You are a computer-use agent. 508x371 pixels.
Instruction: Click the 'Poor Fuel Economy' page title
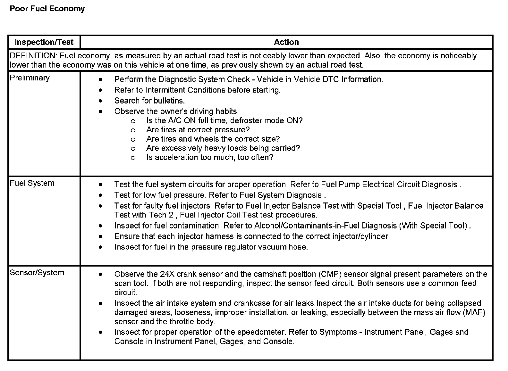point(47,9)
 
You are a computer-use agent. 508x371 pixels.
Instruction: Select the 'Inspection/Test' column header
point(44,42)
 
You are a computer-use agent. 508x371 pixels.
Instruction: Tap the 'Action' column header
point(286,42)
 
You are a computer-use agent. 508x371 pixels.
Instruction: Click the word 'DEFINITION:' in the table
point(33,56)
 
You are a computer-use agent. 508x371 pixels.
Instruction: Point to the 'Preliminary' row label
point(30,78)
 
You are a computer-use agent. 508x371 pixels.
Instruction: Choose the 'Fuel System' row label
point(32,183)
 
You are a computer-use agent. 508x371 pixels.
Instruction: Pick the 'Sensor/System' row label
point(37,273)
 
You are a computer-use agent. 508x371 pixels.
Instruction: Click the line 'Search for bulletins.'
point(149,101)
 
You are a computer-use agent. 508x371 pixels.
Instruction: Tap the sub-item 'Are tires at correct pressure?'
point(198,130)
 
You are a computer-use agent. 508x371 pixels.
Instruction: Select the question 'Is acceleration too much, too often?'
point(209,157)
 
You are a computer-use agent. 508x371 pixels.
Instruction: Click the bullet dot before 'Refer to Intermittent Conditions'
point(101,90)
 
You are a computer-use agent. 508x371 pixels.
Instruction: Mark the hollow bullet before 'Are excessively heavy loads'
point(133,148)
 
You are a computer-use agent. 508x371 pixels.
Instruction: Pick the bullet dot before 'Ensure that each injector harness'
point(101,236)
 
